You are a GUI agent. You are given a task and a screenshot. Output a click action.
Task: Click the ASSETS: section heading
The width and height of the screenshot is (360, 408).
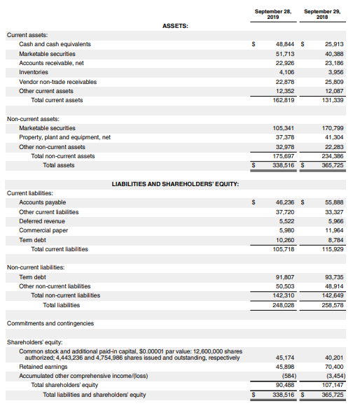click(175, 26)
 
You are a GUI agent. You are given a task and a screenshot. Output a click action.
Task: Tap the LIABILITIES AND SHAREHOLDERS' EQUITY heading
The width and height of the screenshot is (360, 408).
click(176, 184)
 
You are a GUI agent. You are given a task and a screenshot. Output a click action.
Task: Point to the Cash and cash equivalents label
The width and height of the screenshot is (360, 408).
click(55, 44)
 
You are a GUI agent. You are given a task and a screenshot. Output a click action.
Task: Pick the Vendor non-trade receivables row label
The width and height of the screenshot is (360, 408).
click(57, 82)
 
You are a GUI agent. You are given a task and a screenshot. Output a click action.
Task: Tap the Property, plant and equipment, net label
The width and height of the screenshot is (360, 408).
click(64, 137)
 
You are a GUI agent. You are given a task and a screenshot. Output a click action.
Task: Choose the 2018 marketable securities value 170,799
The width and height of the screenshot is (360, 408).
click(331, 128)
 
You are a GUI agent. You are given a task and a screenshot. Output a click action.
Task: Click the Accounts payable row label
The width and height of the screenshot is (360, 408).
click(43, 202)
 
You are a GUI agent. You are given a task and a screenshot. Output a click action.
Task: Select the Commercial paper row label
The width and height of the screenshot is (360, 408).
click(43, 230)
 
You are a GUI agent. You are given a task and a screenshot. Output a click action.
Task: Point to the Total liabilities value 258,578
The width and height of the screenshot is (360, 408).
click(331, 304)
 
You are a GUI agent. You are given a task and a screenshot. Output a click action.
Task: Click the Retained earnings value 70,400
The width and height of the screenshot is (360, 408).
click(333, 367)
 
